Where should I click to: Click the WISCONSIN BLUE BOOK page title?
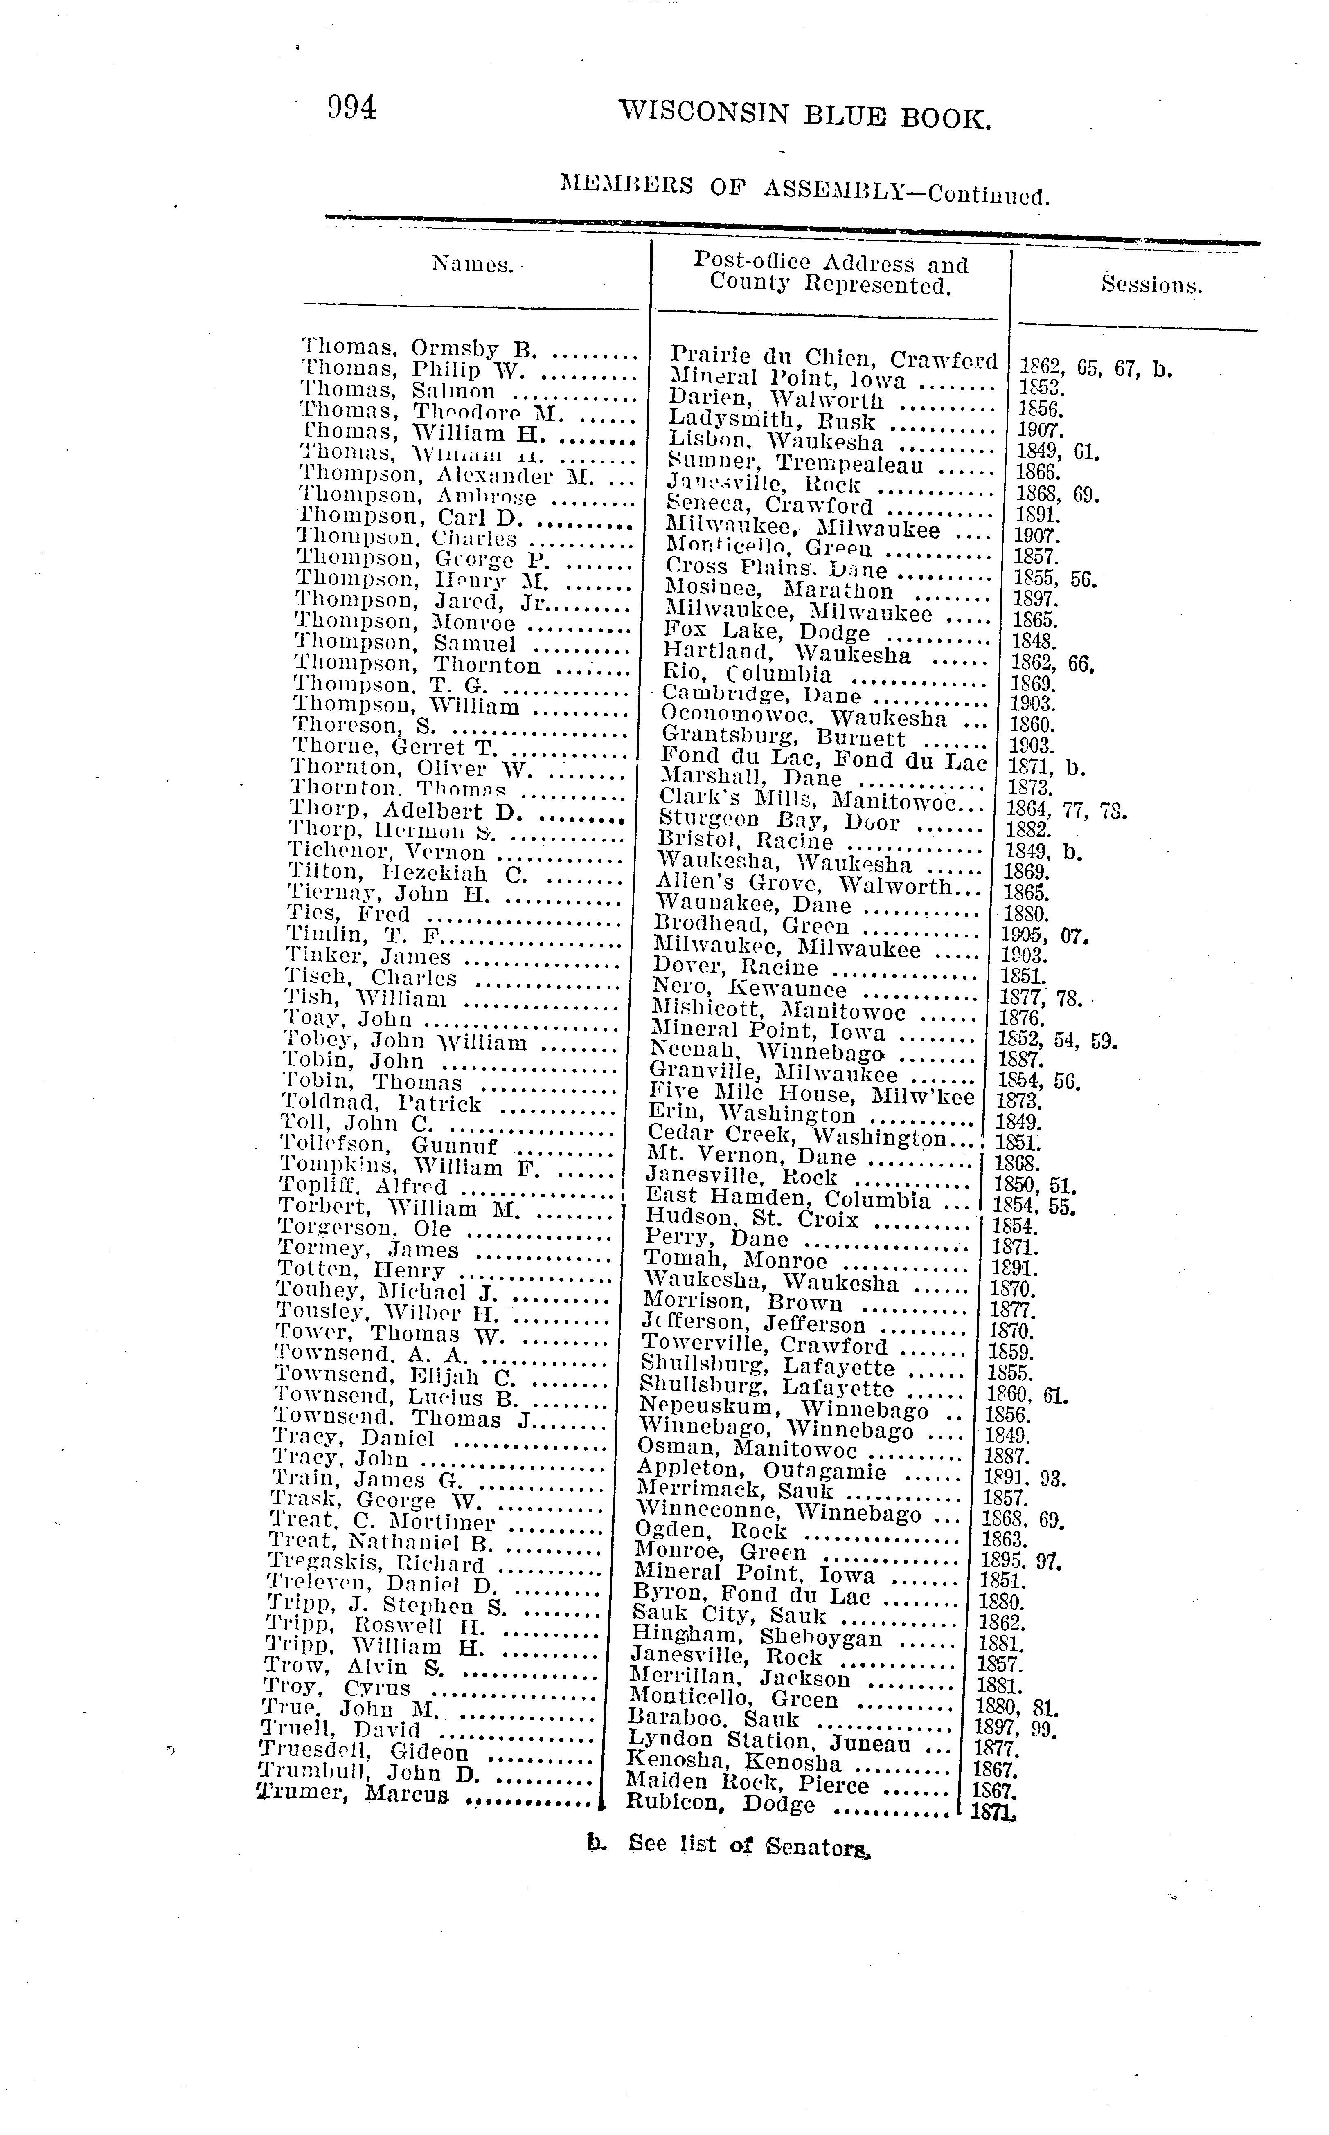click(x=804, y=115)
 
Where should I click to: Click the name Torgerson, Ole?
click(x=365, y=1228)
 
